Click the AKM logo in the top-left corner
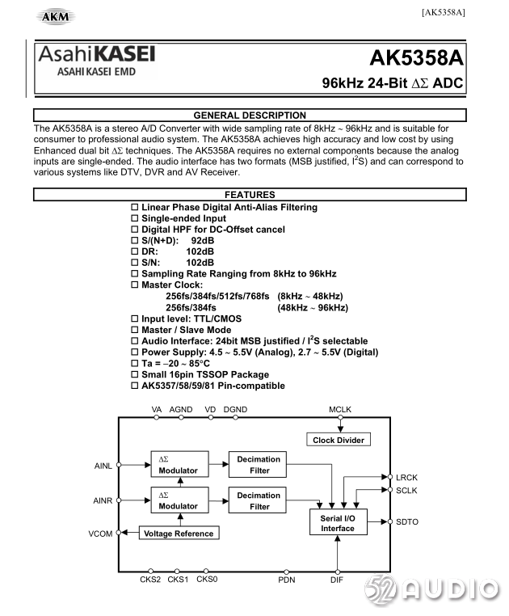51,16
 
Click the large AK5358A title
417,58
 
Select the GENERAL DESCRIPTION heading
250,116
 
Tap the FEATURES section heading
250,195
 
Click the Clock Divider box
338,440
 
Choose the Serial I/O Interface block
338,522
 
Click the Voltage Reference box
179,534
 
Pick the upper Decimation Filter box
259,465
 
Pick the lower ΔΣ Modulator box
179,500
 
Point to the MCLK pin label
340,410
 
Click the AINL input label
103,466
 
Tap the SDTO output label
407,522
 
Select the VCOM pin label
101,534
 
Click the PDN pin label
287,580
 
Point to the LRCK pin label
407,478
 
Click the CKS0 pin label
207,579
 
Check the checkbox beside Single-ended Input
136,219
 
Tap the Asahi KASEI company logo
96,60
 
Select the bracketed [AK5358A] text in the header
443,12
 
